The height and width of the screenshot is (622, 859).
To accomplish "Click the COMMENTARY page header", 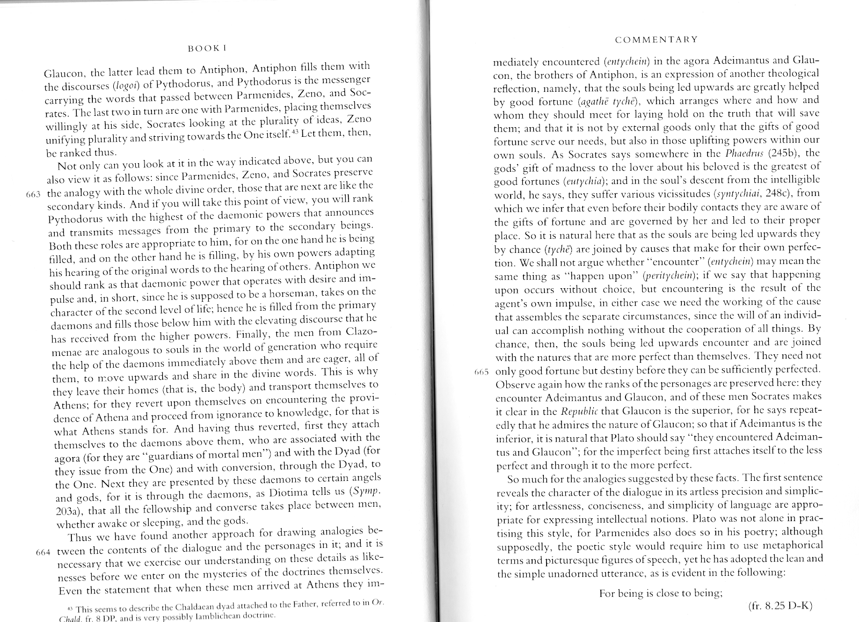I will pyautogui.click(x=656, y=39).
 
